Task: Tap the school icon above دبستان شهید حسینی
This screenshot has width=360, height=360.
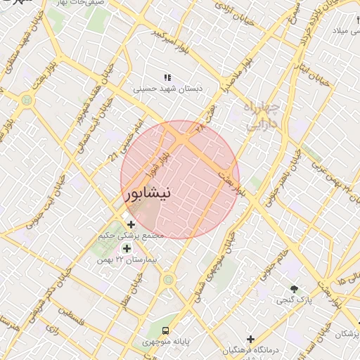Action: (167, 77)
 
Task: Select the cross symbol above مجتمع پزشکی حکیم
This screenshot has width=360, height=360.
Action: (131, 224)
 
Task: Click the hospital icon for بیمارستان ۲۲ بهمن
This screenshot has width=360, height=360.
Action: (127, 248)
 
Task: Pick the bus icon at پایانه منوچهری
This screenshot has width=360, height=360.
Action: (165, 330)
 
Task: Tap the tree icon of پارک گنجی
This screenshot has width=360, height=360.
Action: (295, 289)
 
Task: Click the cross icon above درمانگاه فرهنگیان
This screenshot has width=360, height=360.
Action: (250, 340)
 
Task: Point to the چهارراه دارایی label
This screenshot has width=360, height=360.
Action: (262, 117)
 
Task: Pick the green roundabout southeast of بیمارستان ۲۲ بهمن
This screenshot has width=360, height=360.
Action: (168, 281)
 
